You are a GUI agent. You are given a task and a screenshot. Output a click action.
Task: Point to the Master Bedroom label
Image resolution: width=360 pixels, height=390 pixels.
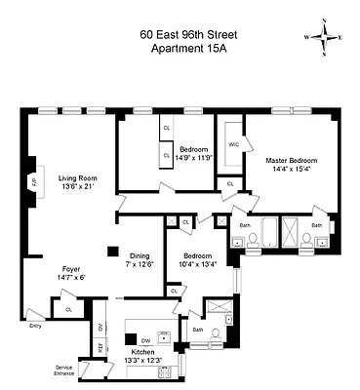coord(291,161)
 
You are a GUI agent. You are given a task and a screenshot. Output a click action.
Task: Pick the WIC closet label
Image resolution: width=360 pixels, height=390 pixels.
coord(232,144)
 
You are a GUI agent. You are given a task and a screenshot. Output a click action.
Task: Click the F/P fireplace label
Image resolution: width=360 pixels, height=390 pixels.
coord(34,182)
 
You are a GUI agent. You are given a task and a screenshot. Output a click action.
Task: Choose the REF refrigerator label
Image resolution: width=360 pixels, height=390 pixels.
coord(100,347)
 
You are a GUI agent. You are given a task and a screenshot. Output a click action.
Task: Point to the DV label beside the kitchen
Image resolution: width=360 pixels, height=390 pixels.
coord(100,327)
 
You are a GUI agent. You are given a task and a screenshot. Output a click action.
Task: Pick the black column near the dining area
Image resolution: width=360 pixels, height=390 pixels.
coord(112,249)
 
